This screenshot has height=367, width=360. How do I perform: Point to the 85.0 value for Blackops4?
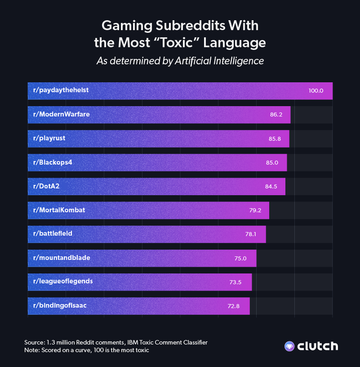(x=272, y=162)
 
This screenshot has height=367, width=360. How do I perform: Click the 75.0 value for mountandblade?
(x=240, y=258)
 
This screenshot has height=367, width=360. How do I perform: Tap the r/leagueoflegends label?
(x=62, y=281)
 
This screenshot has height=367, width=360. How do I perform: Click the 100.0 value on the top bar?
(x=316, y=91)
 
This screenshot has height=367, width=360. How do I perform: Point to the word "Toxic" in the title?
(x=180, y=42)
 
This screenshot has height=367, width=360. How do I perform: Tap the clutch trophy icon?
(x=289, y=346)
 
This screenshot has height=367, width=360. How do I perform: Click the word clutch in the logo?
(x=318, y=346)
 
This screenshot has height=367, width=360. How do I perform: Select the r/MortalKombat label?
(x=59, y=210)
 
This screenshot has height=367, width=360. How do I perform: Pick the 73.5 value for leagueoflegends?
(x=235, y=281)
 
